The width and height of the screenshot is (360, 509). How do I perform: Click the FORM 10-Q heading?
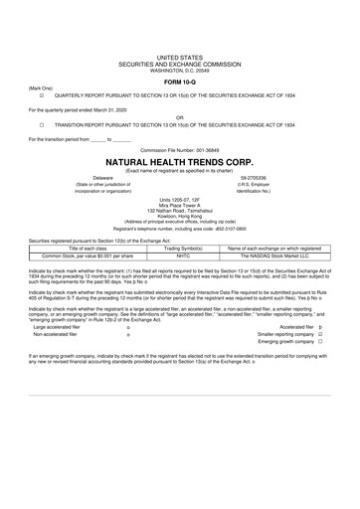(x=179, y=80)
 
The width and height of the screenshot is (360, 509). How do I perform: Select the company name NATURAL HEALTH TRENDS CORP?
(x=179, y=159)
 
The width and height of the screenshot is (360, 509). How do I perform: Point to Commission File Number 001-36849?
(x=179, y=148)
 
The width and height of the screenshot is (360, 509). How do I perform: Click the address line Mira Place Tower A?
(x=179, y=206)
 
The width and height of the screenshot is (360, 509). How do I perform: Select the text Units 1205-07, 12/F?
(x=179, y=200)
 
